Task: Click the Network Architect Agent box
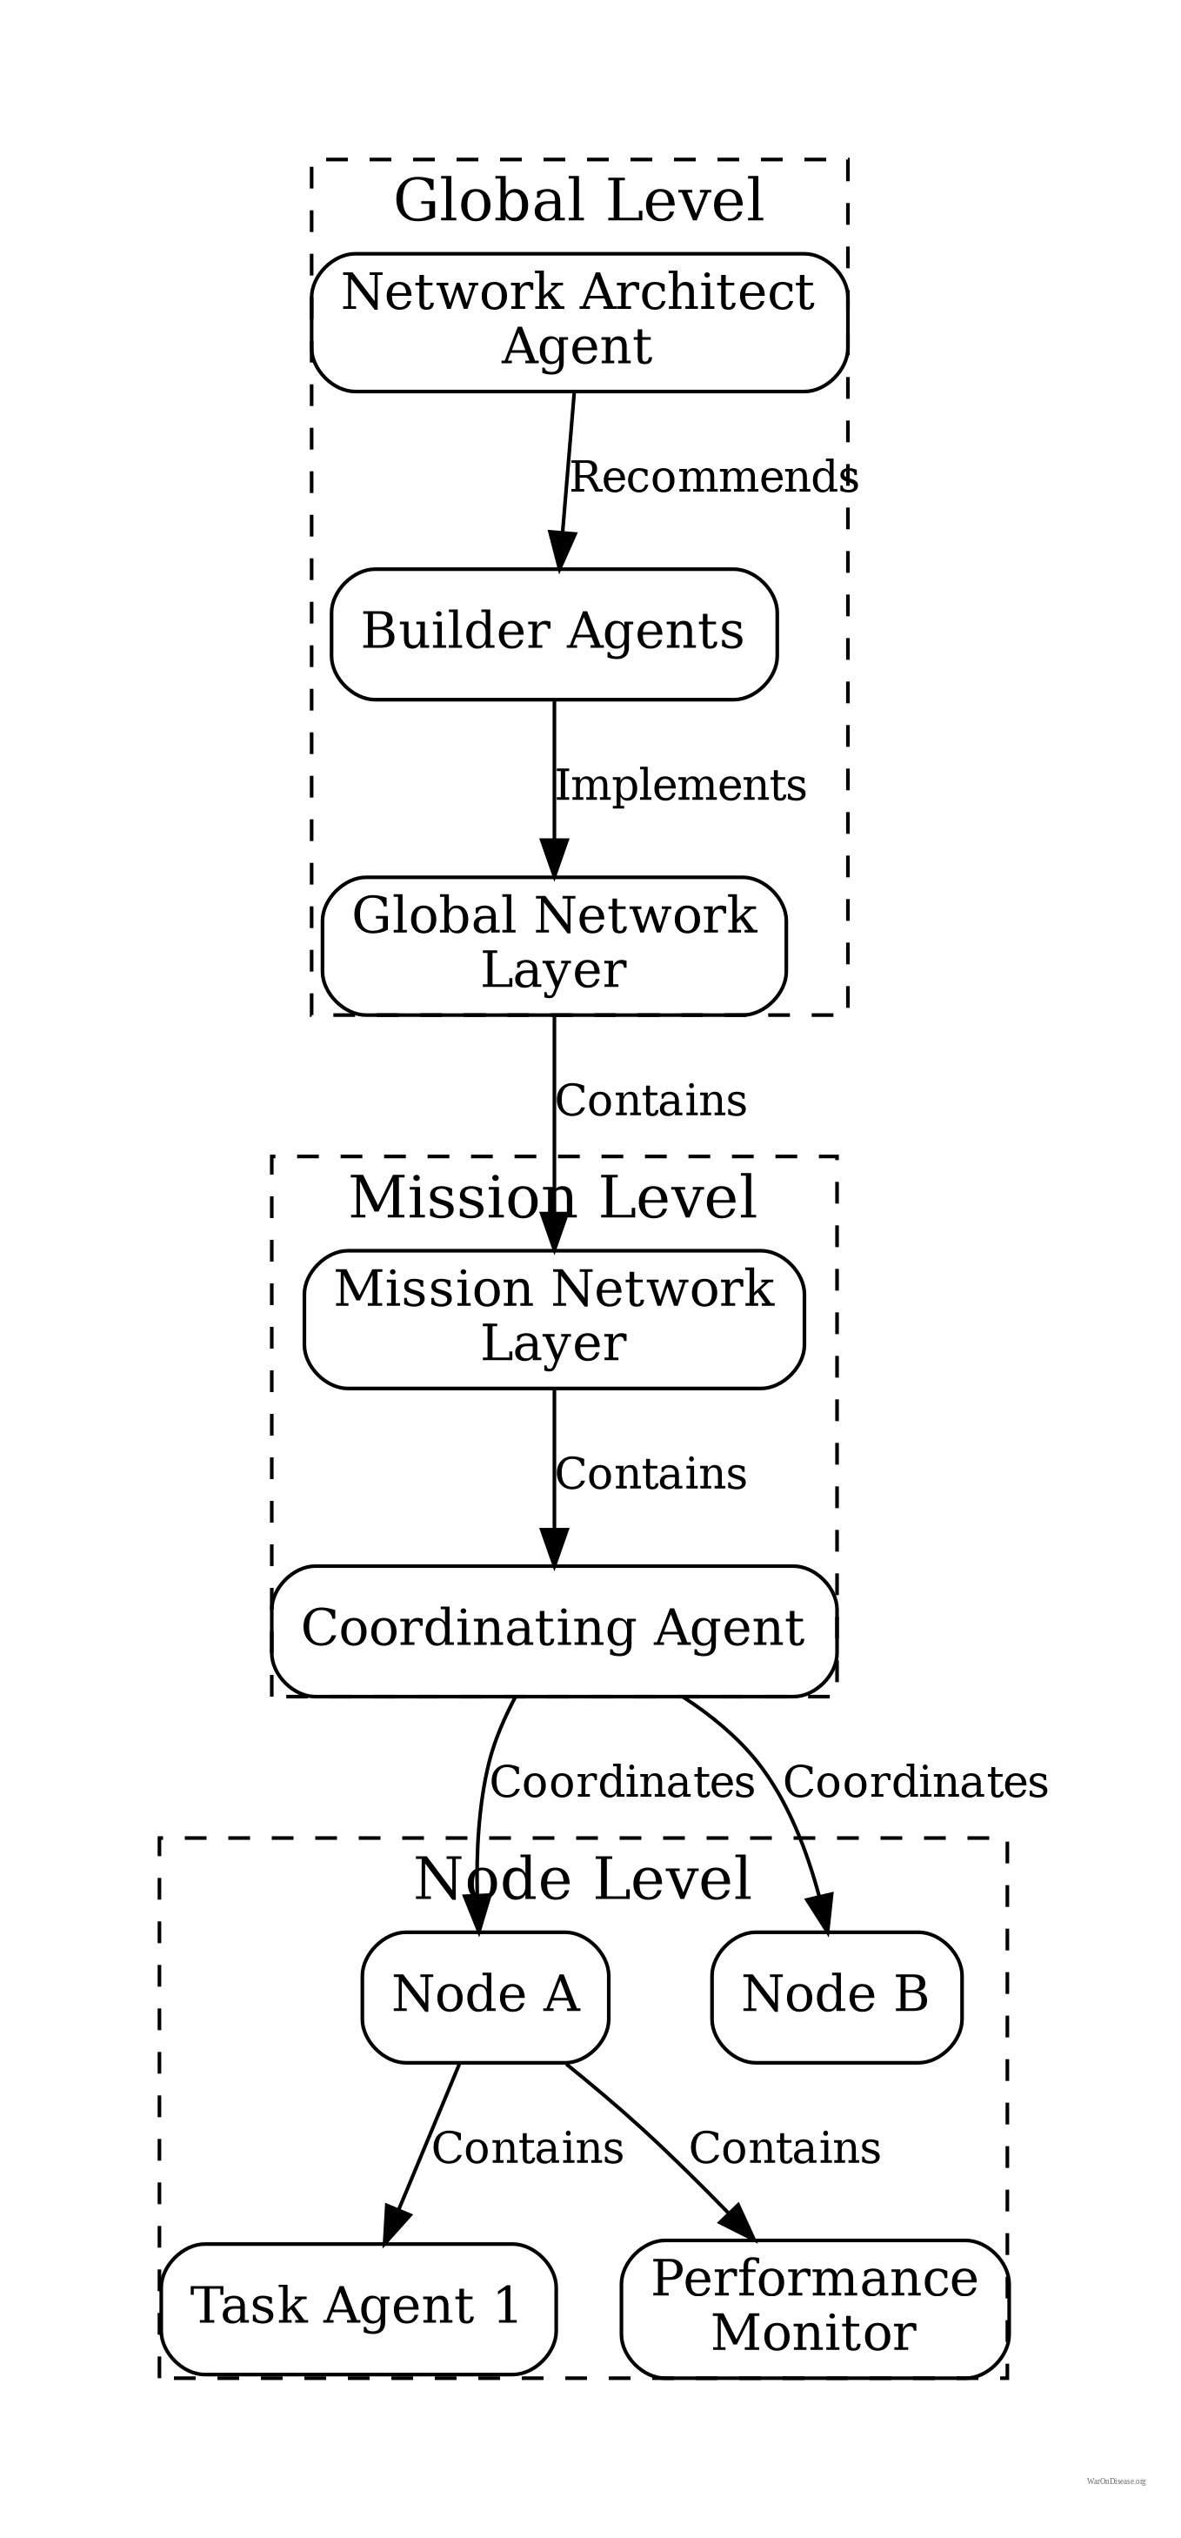tap(579, 322)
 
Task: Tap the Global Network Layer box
tap(554, 945)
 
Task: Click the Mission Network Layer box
tap(554, 1318)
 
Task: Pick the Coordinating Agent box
tap(554, 1630)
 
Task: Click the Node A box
tap(484, 1996)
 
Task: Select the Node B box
tap(835, 1996)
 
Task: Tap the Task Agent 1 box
tap(357, 2307)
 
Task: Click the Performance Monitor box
tap(814, 2307)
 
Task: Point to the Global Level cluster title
tap(579, 201)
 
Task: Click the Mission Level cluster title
tap(554, 1198)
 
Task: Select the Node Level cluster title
tap(584, 1878)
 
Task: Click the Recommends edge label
tap(713, 478)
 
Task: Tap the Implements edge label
tap(681, 787)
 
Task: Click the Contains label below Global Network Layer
tap(651, 1101)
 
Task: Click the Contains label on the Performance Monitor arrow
tap(784, 2149)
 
